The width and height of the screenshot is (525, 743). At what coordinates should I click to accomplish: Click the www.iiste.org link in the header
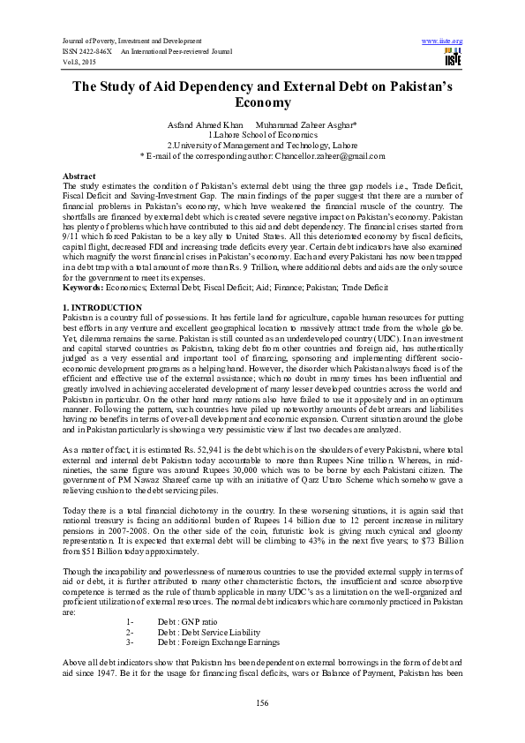(x=443, y=41)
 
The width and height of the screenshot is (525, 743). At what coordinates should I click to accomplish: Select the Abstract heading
(x=80, y=176)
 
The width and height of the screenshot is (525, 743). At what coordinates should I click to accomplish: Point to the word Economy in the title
(x=262, y=102)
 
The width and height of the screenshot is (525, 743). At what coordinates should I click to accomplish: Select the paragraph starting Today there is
(x=262, y=513)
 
